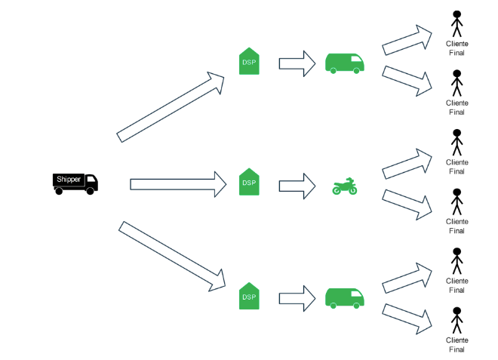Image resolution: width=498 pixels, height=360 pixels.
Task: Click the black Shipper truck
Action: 75,183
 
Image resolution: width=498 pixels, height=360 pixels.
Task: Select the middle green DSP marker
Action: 249,183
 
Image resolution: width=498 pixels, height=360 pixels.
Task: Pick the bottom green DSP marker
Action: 249,296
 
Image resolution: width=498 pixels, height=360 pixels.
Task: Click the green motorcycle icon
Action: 345,186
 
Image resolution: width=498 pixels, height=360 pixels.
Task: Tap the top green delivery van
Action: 345,63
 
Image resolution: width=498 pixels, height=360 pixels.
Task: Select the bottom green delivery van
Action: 345,297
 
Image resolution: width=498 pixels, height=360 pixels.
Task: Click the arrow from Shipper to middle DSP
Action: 178,183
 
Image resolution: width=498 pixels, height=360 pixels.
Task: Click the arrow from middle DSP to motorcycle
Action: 297,185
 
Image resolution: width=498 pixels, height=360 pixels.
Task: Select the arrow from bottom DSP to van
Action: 297,296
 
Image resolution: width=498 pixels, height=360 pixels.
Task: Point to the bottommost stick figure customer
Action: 456,321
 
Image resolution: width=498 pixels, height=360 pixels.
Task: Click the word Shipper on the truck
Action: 69,179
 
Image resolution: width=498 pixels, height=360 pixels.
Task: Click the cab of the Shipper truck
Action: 91,181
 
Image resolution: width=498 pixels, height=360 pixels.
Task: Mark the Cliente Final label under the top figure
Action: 456,48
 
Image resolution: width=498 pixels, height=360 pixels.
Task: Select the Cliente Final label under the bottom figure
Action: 456,344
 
